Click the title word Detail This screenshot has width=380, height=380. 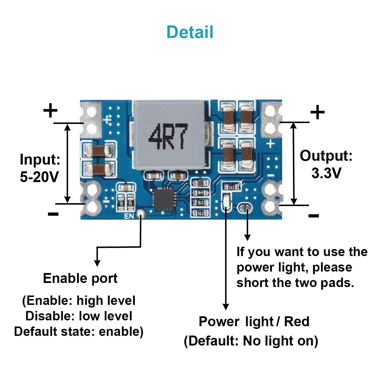pyautogui.click(x=190, y=32)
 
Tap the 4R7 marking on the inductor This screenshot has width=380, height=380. pyautogui.click(x=168, y=136)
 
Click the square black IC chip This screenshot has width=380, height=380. pyautogui.click(x=163, y=199)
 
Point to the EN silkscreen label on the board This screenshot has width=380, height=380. pyautogui.click(x=129, y=216)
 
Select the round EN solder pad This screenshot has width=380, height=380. pyautogui.click(x=141, y=213)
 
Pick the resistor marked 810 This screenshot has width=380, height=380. pyautogui.click(x=201, y=203)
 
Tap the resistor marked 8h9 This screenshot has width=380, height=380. pyautogui.click(x=201, y=193)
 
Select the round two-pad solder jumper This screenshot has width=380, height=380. pyautogui.click(x=245, y=208)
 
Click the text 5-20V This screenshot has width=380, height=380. pyautogui.click(x=39, y=177)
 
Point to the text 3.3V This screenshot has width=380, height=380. pyautogui.click(x=326, y=173)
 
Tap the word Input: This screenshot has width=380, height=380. pyautogui.click(x=40, y=159)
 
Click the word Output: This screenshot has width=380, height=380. pyautogui.click(x=326, y=156)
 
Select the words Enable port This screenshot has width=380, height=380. pyautogui.click(x=80, y=279)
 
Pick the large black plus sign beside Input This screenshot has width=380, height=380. pyautogui.click(x=50, y=110)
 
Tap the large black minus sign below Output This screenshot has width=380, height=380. pyautogui.click(x=314, y=216)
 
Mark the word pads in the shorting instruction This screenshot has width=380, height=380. pyautogui.click(x=337, y=283)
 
